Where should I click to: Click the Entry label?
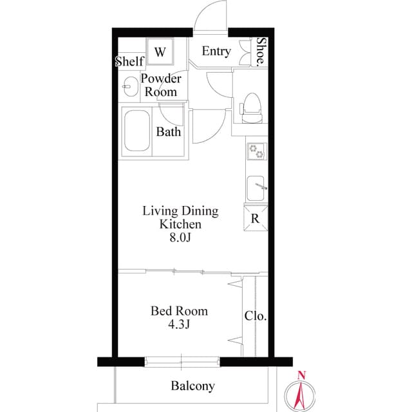(216, 51)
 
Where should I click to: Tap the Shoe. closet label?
(261, 51)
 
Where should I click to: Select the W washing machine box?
(160, 51)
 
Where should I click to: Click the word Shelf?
(129, 62)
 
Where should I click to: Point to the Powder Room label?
(160, 85)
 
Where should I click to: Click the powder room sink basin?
(129, 86)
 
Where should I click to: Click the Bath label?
(169, 133)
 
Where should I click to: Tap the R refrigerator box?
(255, 218)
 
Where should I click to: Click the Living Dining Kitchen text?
(180, 218)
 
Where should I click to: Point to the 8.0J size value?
(180, 238)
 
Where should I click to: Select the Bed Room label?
(179, 311)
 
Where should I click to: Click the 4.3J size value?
(179, 324)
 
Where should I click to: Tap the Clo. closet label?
(256, 317)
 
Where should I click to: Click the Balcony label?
(192, 386)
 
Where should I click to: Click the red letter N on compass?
(301, 376)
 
